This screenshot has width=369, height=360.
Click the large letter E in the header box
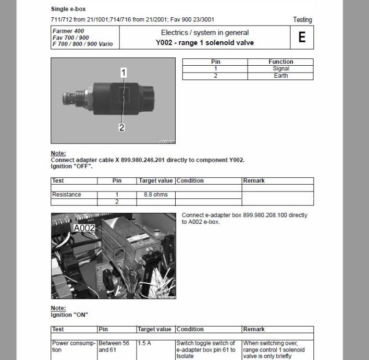[x=302, y=38]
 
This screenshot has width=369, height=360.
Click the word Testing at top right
[x=302, y=20]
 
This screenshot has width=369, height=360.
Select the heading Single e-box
[x=68, y=9]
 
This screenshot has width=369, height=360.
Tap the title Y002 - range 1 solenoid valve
[x=205, y=42]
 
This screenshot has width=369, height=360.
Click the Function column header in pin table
[x=281, y=62]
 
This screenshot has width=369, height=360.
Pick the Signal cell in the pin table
[x=281, y=68]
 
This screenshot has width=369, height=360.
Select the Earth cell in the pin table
[x=281, y=76]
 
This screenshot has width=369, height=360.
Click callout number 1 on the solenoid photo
[x=124, y=73]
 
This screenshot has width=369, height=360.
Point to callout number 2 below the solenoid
[x=121, y=127]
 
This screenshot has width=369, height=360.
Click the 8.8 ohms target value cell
[x=155, y=195]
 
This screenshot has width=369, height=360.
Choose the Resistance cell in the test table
[x=67, y=195]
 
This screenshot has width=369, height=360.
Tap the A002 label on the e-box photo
[x=85, y=228]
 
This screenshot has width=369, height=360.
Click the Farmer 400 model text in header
[x=68, y=31]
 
